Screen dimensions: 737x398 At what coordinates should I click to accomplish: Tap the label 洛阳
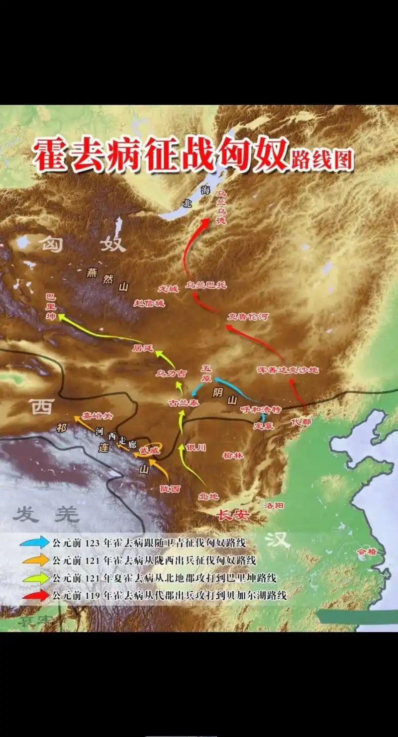tap(274, 505)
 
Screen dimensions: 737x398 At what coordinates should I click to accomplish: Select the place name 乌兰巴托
tap(206, 285)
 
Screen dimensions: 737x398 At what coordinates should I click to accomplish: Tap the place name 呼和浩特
tap(261, 409)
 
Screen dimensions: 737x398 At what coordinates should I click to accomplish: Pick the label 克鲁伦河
tap(248, 316)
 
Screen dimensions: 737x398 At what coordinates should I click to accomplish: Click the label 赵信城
tap(149, 303)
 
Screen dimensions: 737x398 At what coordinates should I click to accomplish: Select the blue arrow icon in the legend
tap(35, 543)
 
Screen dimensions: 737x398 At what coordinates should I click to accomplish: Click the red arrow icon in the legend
tap(35, 595)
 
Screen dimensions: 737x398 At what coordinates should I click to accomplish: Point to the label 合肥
tap(367, 552)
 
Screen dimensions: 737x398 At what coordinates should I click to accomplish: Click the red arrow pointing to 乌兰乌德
tap(192, 244)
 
